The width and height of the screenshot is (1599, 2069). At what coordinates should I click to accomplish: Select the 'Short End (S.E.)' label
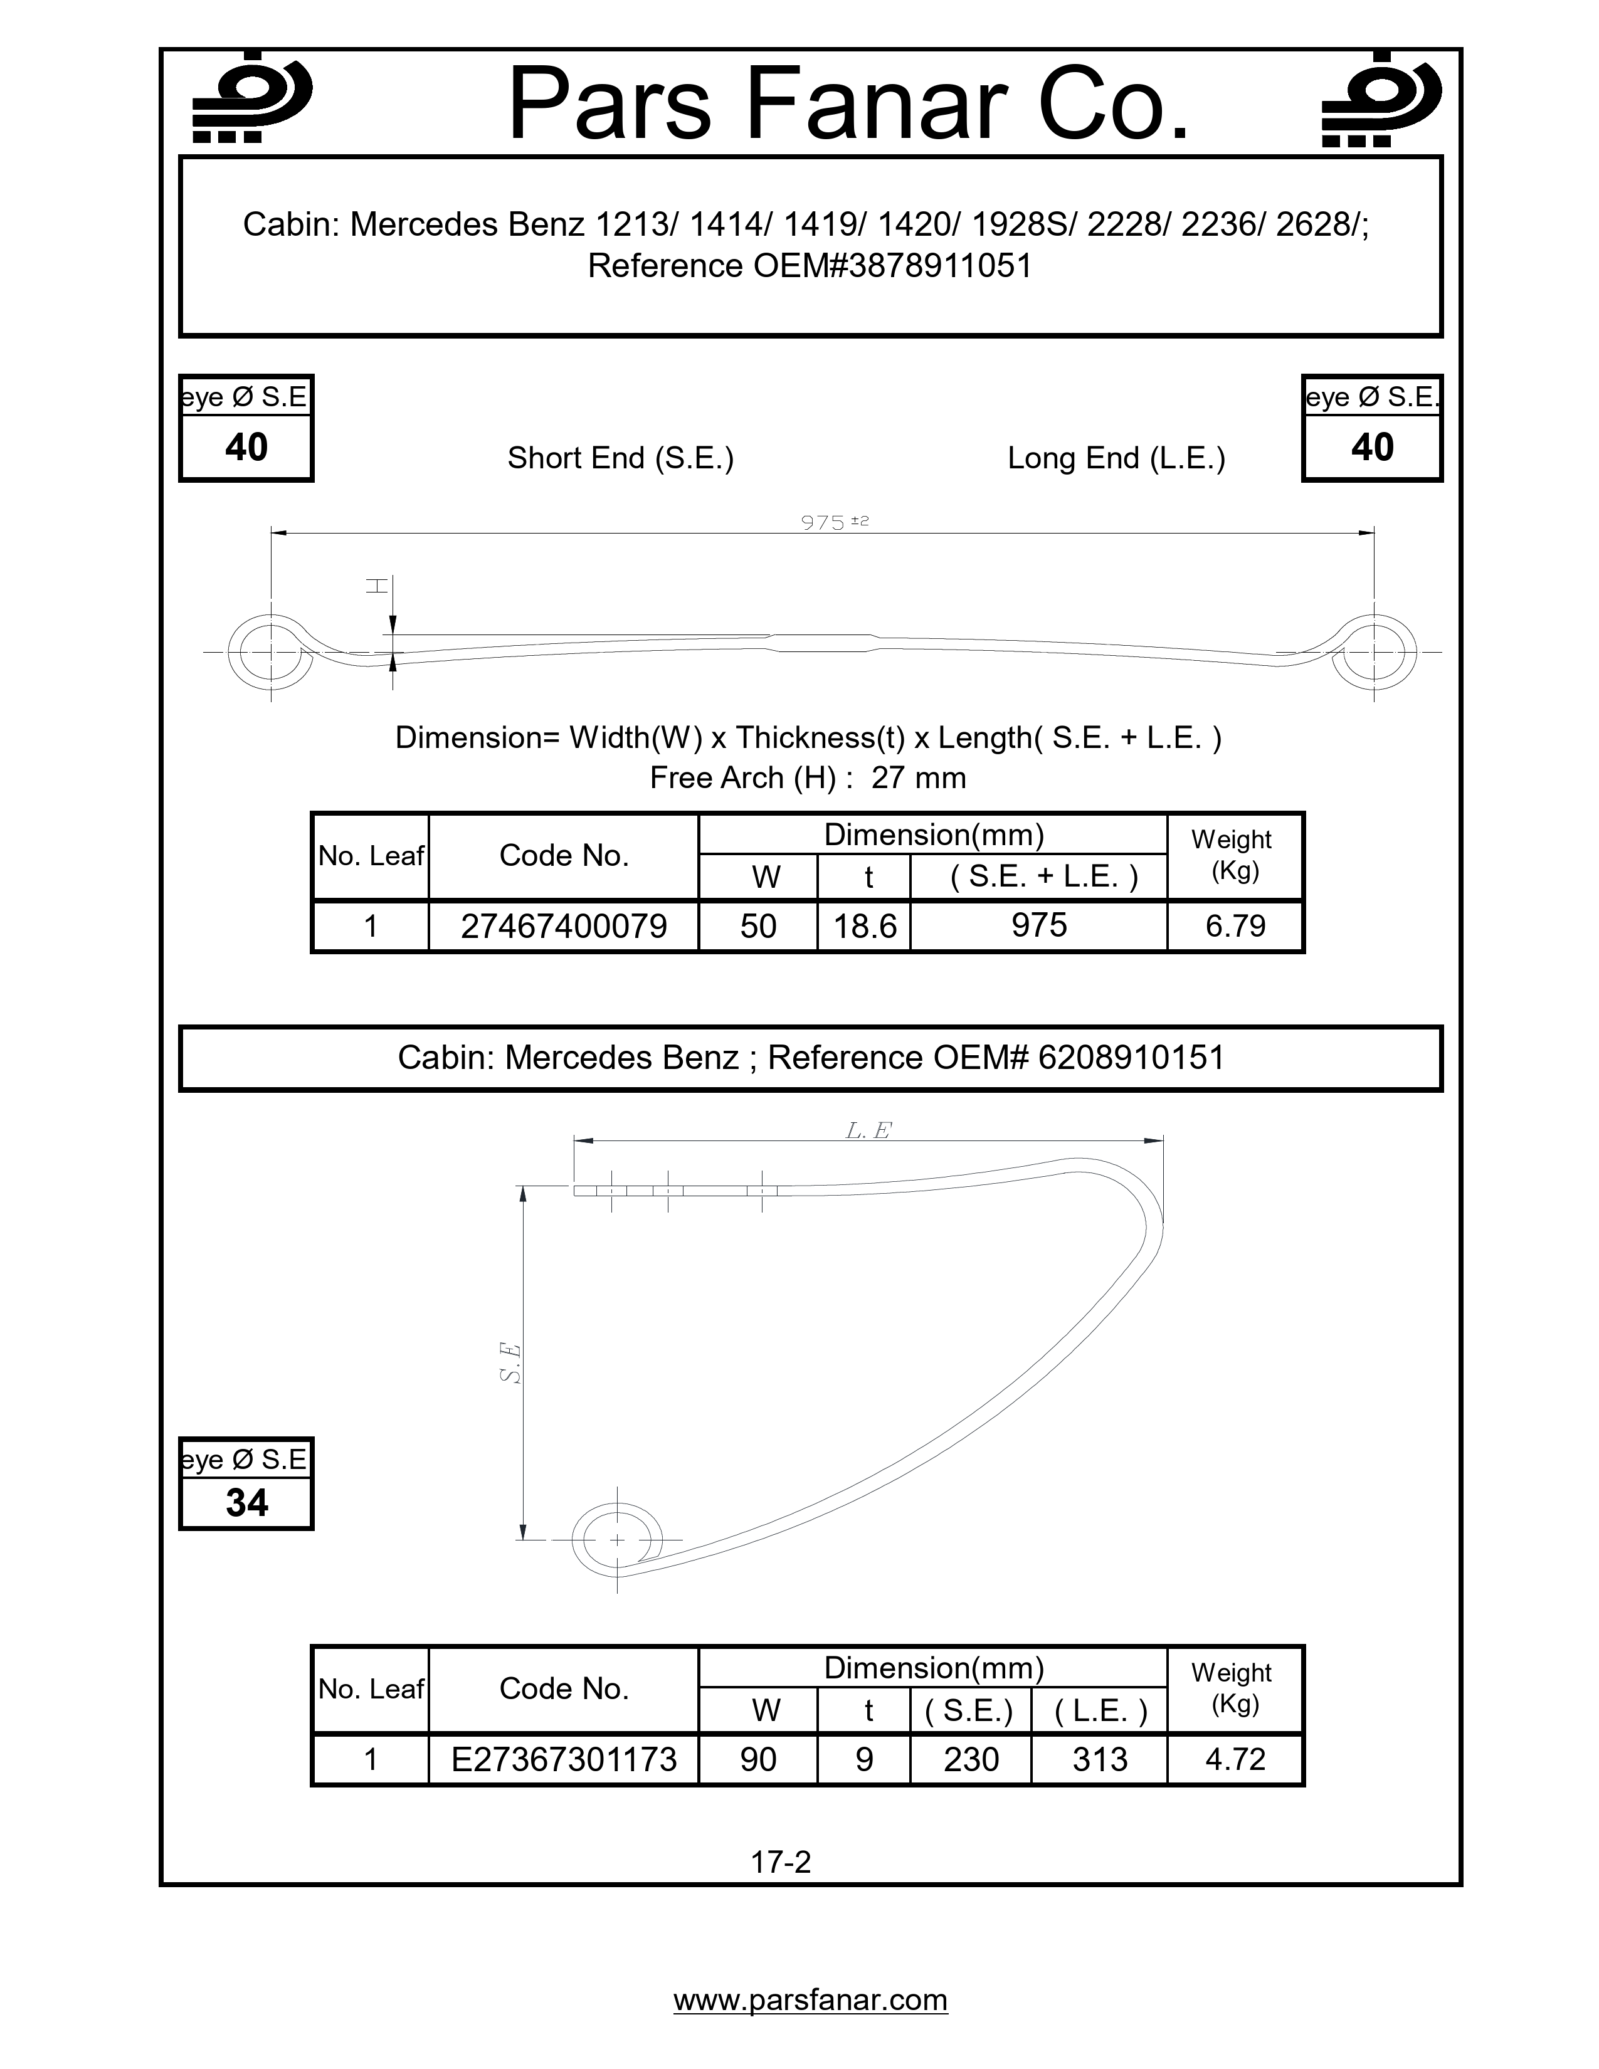tap(620, 458)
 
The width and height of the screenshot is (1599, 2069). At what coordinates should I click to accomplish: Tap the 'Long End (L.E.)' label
tap(1116, 458)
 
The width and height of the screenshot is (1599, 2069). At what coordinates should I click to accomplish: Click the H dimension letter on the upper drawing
tap(377, 586)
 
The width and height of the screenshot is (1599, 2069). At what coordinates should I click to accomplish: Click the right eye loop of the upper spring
tap(1373, 653)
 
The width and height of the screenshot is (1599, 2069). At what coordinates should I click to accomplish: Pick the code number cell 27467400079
tap(564, 925)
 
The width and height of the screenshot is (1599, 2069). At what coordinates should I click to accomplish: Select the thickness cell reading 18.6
tap(864, 925)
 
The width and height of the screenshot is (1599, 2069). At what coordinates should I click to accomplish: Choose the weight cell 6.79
tap(1235, 925)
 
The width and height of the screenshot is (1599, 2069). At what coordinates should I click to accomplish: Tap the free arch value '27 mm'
tap(918, 778)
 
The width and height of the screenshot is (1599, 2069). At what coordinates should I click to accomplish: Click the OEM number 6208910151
tap(1131, 1057)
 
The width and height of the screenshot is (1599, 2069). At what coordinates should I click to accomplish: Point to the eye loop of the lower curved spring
tap(616, 1539)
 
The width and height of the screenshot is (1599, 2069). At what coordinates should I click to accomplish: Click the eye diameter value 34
tap(246, 1502)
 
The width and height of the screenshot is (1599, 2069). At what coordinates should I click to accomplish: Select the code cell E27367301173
tap(564, 1759)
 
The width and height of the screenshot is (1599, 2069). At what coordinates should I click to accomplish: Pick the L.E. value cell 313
tap(1100, 1759)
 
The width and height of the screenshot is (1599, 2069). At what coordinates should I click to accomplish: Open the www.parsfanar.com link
tap(810, 2000)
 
